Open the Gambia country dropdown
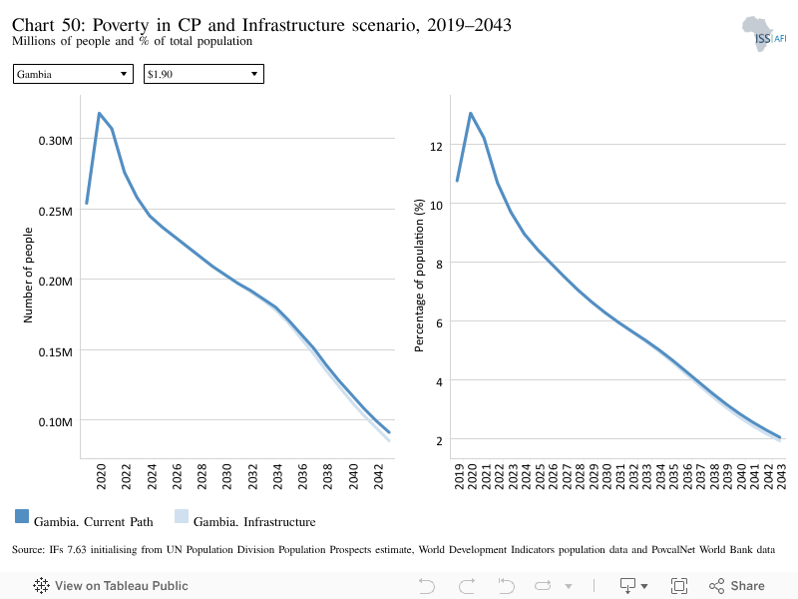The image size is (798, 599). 73,74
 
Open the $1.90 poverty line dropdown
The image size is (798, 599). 203,74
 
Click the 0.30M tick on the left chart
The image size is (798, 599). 56,141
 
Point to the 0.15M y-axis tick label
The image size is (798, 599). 56,352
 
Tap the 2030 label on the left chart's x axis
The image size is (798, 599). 227,476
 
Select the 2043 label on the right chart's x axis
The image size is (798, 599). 781,476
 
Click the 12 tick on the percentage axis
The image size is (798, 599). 436,147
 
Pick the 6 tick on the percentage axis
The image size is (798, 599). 439,322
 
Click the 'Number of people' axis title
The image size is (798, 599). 28,276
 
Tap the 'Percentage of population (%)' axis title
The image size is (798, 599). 419,276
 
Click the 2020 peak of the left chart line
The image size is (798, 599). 99,113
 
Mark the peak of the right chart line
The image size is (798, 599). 471,113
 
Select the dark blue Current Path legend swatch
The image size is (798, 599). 22,516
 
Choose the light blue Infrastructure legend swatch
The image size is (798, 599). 182,516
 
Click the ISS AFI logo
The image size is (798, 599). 763,34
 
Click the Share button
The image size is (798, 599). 737,586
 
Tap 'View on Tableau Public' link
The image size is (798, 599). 111,586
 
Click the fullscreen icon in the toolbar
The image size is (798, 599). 679,586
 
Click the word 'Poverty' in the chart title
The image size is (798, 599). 121,25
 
